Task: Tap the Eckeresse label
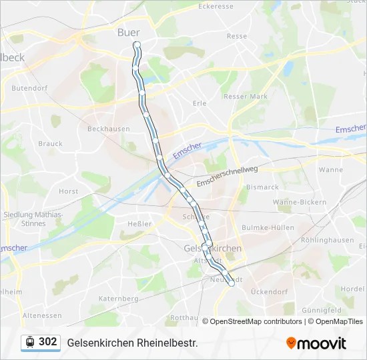(216, 6)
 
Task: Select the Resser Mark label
(246, 97)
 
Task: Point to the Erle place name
(200, 103)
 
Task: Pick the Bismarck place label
(262, 187)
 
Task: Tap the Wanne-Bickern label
(300, 202)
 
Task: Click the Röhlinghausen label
(327, 240)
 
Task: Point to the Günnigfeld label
(322, 311)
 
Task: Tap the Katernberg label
(118, 299)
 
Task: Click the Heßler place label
(139, 224)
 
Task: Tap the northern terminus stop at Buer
(137, 45)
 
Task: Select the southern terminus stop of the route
(232, 283)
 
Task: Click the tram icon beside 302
(30, 342)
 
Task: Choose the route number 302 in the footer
(48, 342)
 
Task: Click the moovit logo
(316, 343)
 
